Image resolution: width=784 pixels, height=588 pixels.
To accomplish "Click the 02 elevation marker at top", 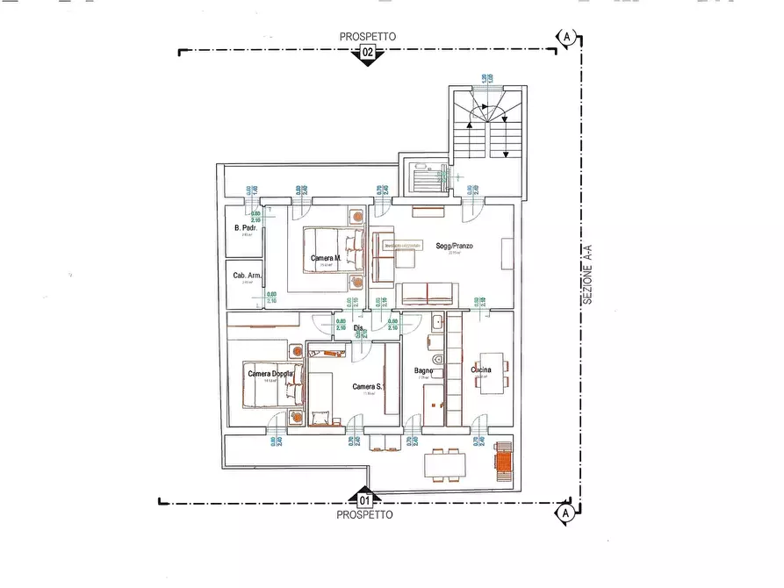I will [x=368, y=54].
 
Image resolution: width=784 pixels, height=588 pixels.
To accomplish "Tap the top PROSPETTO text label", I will [x=368, y=37].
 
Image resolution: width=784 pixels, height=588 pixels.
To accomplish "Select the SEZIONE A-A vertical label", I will [x=587, y=275].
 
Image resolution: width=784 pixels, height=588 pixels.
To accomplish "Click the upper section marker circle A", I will [x=567, y=37].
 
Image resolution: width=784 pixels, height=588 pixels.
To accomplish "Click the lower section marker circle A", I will [x=565, y=512].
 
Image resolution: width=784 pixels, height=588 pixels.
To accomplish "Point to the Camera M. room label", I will [x=326, y=258].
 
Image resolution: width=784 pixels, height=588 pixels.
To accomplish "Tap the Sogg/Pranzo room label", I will [x=454, y=247].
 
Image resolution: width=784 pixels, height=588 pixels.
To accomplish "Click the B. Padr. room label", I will [x=244, y=228].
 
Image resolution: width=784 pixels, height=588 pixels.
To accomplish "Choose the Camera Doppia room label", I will [x=270, y=375].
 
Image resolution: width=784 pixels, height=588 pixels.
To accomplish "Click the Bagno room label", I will [x=426, y=371].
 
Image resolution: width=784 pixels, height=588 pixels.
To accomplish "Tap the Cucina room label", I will [x=481, y=370].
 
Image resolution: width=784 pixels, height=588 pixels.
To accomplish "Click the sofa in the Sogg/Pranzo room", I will [x=427, y=294].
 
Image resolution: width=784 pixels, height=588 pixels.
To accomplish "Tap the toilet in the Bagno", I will [x=436, y=361].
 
